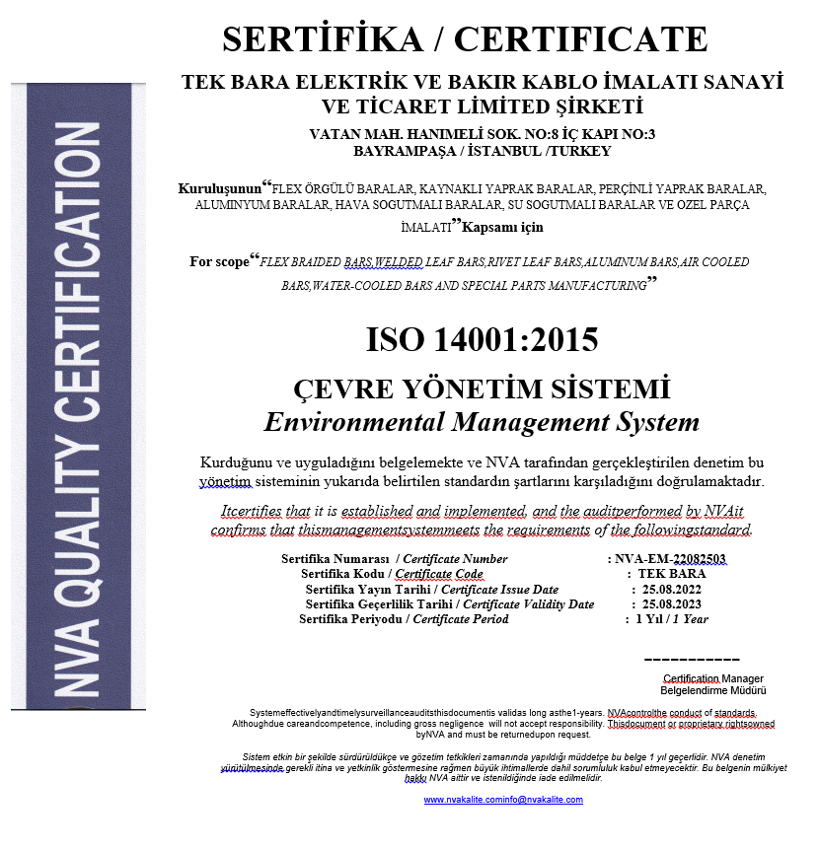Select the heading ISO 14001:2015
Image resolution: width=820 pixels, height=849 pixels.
(482, 339)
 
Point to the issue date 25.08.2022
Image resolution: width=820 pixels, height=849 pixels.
(673, 589)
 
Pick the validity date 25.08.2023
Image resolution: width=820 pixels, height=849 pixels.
(673, 603)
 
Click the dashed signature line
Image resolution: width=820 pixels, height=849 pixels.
(691, 659)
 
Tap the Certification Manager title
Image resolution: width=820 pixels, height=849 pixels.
(712, 678)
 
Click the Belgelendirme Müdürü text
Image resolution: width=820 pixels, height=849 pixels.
(712, 690)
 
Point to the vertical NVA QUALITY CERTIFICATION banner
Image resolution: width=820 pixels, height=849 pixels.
(78, 394)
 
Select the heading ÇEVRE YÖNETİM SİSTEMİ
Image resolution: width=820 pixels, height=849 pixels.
(482, 388)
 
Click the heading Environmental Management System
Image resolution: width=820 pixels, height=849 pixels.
(482, 422)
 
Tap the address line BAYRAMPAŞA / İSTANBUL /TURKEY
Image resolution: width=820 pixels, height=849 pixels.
(482, 151)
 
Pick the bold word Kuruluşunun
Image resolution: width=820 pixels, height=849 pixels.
(218, 187)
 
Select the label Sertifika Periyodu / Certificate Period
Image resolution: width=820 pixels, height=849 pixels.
(405, 619)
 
